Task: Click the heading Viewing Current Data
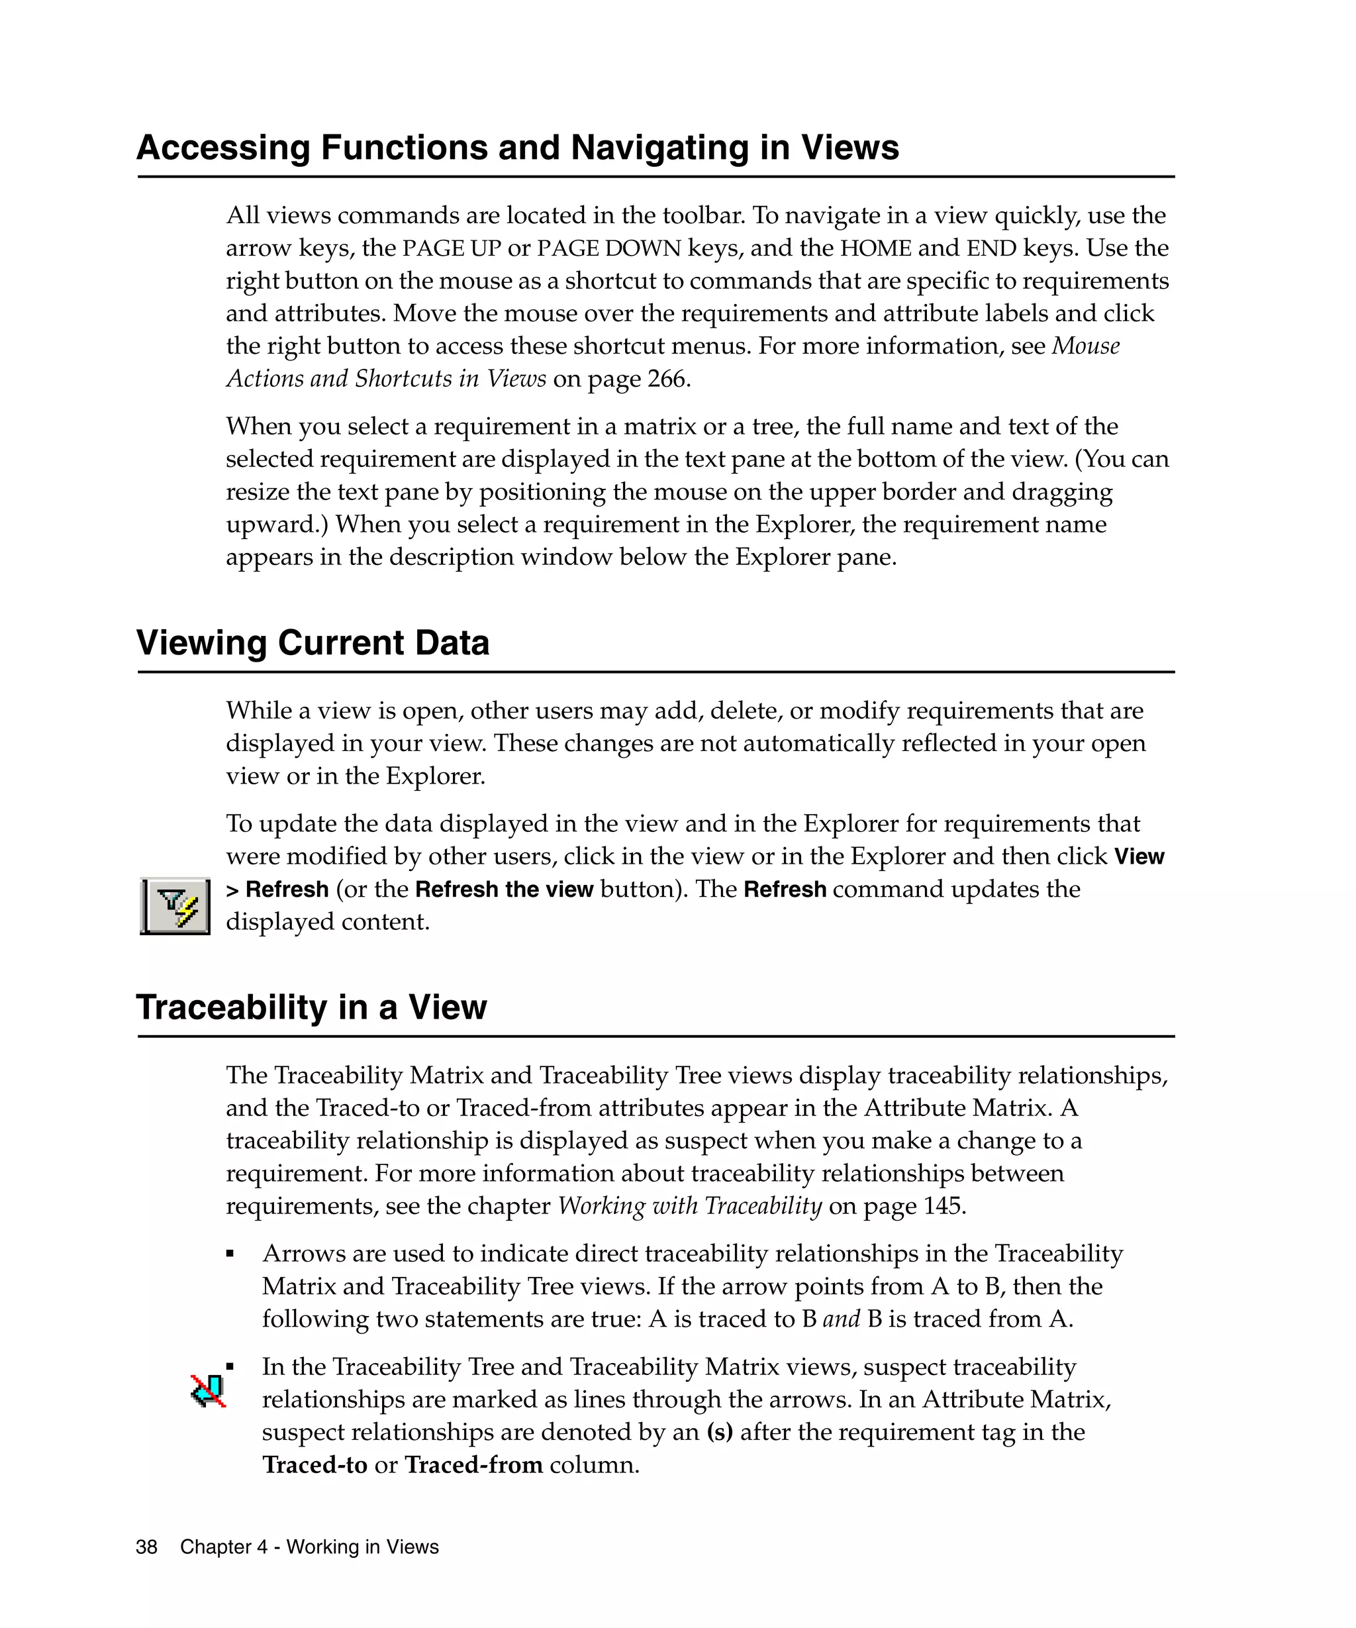pyautogui.click(x=313, y=642)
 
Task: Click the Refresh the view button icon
pyautogui.click(x=175, y=905)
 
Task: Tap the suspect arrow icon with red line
pyautogui.click(x=209, y=1391)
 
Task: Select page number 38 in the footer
pyautogui.click(x=146, y=1547)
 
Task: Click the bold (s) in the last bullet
pyautogui.click(x=719, y=1432)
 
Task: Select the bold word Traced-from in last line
pyautogui.click(x=473, y=1464)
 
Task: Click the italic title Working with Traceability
pyautogui.click(x=690, y=1205)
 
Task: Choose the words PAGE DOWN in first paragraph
pyautogui.click(x=608, y=248)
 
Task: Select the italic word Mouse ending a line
pyautogui.click(x=1086, y=346)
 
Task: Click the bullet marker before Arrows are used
pyautogui.click(x=230, y=1254)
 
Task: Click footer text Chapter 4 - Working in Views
pyautogui.click(x=309, y=1547)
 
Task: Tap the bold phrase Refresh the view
pyautogui.click(x=504, y=890)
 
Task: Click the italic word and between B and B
pyautogui.click(x=841, y=1319)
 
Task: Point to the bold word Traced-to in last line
pyautogui.click(x=315, y=1464)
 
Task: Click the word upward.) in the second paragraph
pyautogui.click(x=277, y=525)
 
